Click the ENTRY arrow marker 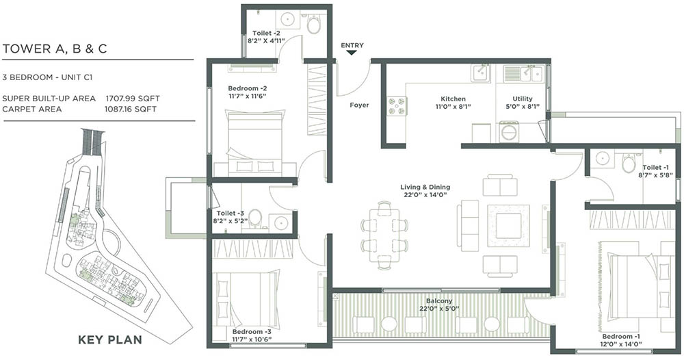[352, 55]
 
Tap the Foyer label [359, 105]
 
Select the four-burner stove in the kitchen [397, 106]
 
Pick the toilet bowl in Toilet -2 [313, 24]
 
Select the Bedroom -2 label [248, 88]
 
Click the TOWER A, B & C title [55, 49]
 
